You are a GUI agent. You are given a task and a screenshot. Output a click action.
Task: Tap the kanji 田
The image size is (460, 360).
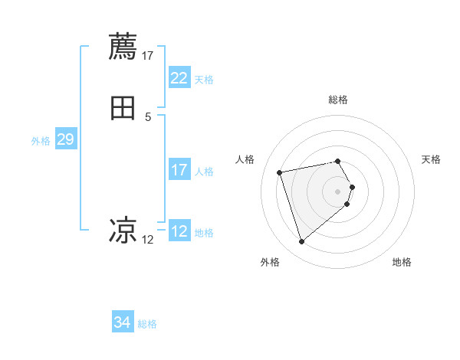point(123,108)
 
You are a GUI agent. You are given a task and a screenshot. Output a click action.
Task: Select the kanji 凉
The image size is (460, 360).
point(123,230)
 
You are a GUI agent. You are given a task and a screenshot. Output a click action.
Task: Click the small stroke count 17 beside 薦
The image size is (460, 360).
point(148,55)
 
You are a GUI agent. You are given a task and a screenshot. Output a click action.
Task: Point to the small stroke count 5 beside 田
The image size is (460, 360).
point(148,116)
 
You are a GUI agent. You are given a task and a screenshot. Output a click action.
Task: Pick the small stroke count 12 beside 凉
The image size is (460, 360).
point(148,239)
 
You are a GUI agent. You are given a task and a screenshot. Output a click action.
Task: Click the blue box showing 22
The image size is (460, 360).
point(179,78)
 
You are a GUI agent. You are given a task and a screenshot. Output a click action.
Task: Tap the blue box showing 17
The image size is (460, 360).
point(179,170)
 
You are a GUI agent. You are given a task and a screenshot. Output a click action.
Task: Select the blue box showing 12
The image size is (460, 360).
point(179,231)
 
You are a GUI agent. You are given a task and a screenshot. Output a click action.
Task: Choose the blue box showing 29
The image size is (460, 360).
point(65,139)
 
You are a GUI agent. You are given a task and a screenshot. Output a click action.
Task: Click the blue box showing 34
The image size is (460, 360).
point(122,323)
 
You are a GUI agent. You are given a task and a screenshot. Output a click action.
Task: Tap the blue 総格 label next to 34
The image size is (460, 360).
point(147,324)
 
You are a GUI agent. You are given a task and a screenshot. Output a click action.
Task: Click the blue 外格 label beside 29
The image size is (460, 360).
point(41,140)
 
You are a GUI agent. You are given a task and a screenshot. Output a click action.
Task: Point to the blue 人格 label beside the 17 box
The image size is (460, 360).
point(204,171)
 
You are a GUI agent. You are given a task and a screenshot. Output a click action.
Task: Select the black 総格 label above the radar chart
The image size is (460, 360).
point(338,100)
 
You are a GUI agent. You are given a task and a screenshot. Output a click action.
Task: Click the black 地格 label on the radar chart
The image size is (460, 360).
point(402,263)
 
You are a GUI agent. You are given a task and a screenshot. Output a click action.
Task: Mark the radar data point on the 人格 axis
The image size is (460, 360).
point(280,172)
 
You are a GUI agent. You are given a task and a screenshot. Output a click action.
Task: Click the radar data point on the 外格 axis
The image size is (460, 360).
point(302,242)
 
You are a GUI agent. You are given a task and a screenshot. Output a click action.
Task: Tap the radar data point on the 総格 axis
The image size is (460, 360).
point(338,161)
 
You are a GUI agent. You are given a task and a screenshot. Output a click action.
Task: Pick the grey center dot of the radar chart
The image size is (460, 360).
point(338,191)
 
